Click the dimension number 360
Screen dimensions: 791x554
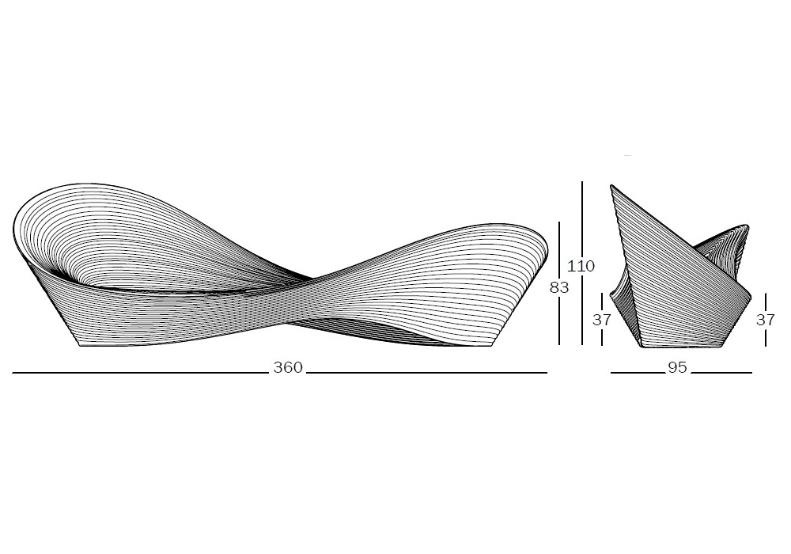coord(288,367)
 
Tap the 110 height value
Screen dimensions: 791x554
coord(581,265)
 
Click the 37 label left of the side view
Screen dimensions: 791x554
coord(602,320)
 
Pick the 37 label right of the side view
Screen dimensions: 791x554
coord(765,320)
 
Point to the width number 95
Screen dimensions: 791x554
coord(678,367)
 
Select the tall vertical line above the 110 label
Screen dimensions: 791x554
coord(582,219)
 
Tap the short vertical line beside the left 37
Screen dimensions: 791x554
coord(602,302)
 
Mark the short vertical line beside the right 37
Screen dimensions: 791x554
coord(765,302)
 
